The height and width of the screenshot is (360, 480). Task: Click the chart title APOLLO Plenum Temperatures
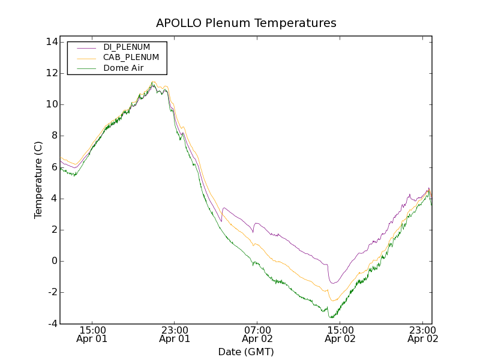(x=246, y=23)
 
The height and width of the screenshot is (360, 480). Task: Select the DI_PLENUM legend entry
(x=126, y=47)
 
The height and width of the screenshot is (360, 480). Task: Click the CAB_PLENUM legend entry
(x=131, y=58)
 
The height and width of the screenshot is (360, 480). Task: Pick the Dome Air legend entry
(x=123, y=68)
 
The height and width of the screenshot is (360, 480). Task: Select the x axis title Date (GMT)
(x=246, y=352)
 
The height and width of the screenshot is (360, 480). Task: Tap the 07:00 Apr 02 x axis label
(x=257, y=334)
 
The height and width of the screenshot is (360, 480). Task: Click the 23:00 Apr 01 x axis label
(x=175, y=334)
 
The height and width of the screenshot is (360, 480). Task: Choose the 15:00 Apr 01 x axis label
(x=92, y=334)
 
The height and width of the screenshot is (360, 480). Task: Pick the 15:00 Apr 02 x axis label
(x=340, y=334)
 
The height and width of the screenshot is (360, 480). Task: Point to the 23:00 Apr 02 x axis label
(x=422, y=334)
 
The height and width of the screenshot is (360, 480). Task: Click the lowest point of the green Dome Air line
(x=330, y=318)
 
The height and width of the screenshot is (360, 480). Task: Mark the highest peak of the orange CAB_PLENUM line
(x=154, y=82)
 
